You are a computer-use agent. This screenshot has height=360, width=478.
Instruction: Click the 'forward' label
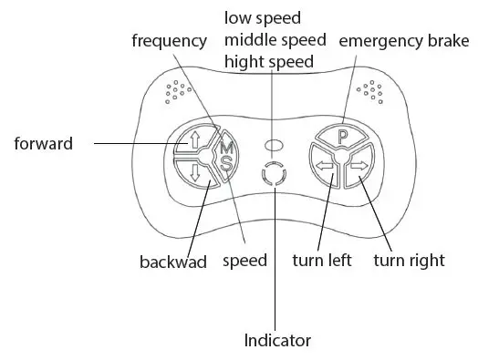(x=43, y=143)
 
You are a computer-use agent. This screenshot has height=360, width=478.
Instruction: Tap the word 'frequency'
(x=169, y=41)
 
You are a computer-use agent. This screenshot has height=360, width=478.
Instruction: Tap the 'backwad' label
(x=173, y=262)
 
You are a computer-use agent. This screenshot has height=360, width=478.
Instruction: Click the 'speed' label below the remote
(x=245, y=261)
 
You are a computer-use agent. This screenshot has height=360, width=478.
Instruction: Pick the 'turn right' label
(x=410, y=261)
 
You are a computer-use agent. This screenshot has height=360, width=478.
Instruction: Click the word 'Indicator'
(x=277, y=341)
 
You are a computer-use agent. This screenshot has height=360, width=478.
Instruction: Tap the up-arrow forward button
(x=195, y=141)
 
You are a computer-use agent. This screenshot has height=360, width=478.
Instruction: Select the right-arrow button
(x=358, y=167)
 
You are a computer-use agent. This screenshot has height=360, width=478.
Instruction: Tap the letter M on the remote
(x=227, y=145)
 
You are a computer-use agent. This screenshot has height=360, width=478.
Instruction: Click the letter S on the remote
(x=226, y=162)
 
